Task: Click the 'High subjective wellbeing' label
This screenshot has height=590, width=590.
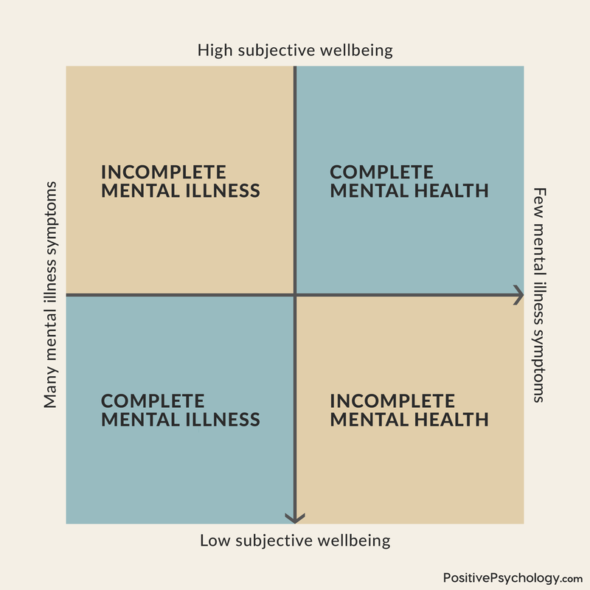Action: tap(295, 51)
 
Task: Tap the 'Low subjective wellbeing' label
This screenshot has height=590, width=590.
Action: tap(295, 541)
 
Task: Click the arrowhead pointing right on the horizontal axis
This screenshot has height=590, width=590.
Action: tap(518, 295)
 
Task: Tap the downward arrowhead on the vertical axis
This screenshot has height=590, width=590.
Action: tap(295, 518)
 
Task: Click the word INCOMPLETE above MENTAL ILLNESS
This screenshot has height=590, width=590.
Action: tap(164, 172)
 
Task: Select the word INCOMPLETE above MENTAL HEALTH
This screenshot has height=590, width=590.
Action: tap(392, 401)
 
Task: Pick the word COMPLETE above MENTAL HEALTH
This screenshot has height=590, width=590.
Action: tap(381, 172)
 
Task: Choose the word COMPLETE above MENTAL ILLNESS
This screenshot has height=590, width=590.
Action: tap(153, 401)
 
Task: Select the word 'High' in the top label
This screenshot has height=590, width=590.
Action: tap(214, 51)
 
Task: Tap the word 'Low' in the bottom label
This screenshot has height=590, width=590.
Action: tap(215, 541)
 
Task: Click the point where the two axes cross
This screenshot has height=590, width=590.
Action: tap(295, 295)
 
